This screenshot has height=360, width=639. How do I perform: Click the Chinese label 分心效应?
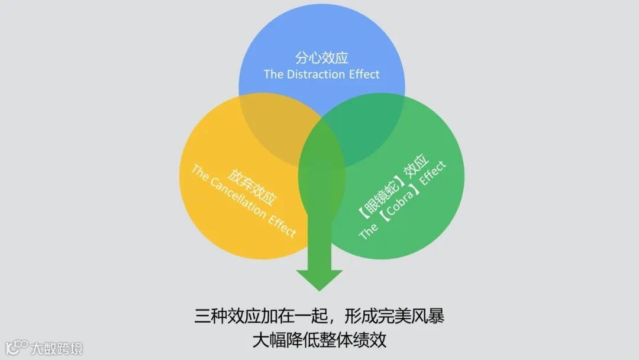(x=321, y=58)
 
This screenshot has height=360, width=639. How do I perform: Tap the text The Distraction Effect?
(x=321, y=74)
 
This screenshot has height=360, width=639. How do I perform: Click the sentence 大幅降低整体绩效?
(x=319, y=340)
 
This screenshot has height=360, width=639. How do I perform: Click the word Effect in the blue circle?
(x=363, y=74)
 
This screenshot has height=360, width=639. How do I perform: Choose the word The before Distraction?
(x=274, y=74)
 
